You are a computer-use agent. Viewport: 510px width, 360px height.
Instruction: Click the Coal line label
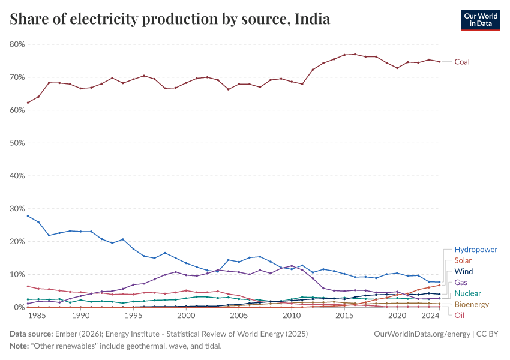(x=462, y=62)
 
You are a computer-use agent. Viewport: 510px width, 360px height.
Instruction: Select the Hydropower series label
(x=476, y=250)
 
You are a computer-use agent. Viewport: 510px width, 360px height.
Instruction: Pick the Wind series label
(x=464, y=271)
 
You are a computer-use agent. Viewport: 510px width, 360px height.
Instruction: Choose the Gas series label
(x=461, y=282)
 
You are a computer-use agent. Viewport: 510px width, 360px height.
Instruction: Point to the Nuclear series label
(x=467, y=293)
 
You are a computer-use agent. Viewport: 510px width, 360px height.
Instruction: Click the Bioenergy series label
(x=472, y=304)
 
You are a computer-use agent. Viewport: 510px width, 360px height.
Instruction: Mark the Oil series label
(x=459, y=315)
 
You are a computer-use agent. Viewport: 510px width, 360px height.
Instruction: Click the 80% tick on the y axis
(x=17, y=44)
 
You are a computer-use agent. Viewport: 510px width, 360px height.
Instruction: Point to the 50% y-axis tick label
(x=17, y=143)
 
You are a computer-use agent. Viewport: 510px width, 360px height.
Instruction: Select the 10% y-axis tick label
(x=17, y=274)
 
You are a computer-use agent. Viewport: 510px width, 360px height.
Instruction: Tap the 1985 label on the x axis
(x=38, y=315)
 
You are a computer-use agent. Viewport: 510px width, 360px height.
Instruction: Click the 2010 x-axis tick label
(x=292, y=315)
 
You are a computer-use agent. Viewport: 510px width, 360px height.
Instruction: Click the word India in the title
(x=312, y=19)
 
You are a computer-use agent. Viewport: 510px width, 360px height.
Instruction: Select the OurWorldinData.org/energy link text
(x=418, y=333)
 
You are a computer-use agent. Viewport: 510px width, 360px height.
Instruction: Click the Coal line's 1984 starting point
(x=28, y=103)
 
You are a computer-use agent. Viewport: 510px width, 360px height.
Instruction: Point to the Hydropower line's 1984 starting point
(x=28, y=216)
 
